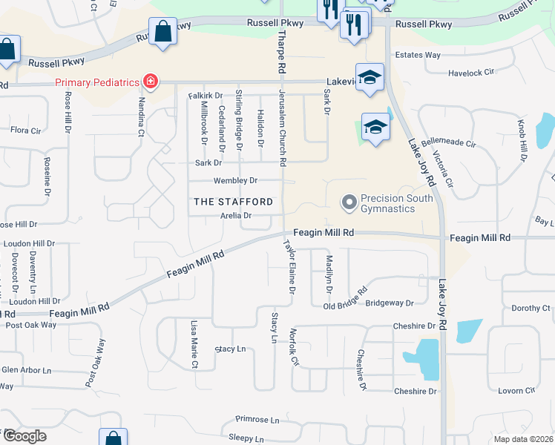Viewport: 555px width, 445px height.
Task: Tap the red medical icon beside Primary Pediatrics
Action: pyautogui.click(x=151, y=81)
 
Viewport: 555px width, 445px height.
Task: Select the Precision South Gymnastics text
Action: pyautogui.click(x=387, y=203)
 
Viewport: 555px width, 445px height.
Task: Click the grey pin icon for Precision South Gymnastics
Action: pyautogui.click(x=348, y=201)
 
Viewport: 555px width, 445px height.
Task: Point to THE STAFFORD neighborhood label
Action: pyautogui.click(x=233, y=202)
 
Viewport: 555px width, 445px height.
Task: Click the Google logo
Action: pyautogui.click(x=24, y=436)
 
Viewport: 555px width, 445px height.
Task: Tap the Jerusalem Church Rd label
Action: pyautogui.click(x=283, y=127)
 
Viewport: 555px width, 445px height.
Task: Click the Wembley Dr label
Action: pyautogui.click(x=235, y=180)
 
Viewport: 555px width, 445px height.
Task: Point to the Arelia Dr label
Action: pyautogui.click(x=236, y=216)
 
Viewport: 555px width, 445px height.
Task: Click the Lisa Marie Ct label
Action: pyautogui.click(x=194, y=345)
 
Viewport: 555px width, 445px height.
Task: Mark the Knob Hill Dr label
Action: pyautogui.click(x=522, y=140)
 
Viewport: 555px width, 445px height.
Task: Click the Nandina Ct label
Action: pyautogui.click(x=141, y=116)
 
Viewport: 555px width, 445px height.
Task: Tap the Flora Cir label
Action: pyautogui.click(x=25, y=131)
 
